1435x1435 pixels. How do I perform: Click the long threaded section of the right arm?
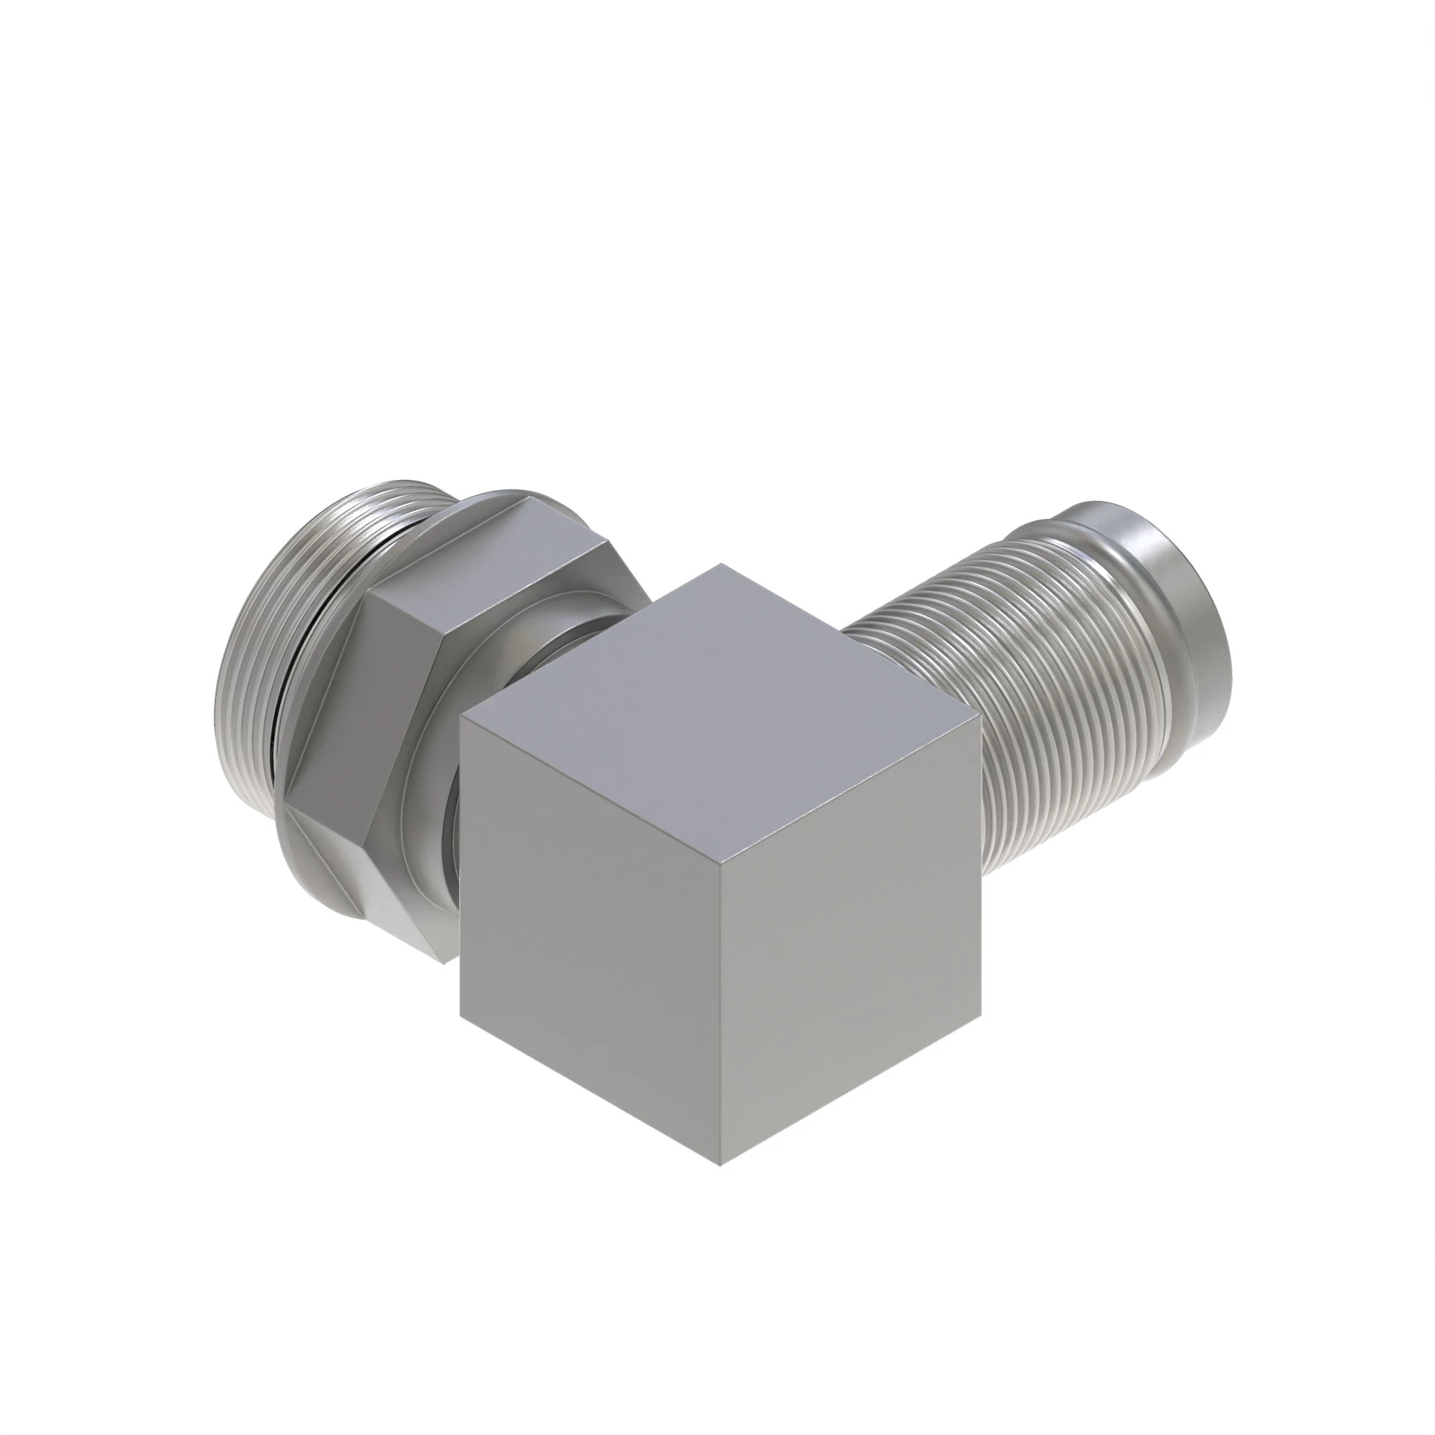tap(1040, 691)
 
